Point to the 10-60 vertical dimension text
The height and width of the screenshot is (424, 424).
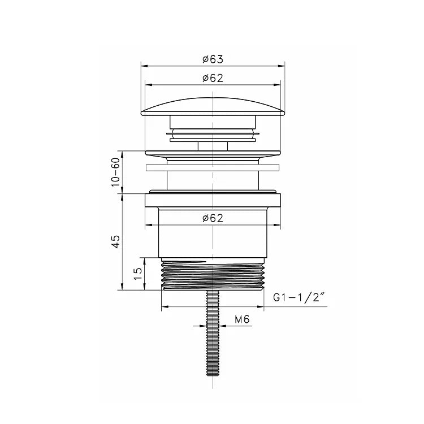coord(116,172)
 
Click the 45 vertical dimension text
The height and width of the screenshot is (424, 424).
coord(116,242)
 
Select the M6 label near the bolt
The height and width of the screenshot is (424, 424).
coord(242,320)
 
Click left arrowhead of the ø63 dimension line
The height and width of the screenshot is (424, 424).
coord(144,66)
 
